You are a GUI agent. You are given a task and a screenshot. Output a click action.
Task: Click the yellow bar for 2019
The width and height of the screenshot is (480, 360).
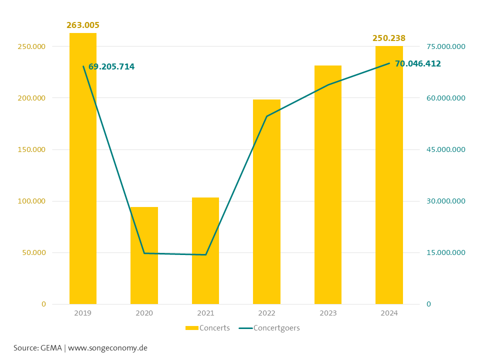click(83, 200)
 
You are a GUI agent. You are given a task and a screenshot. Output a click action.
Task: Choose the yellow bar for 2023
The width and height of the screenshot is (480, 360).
click(328, 200)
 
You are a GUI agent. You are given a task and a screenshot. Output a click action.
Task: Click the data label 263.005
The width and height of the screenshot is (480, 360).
click(83, 25)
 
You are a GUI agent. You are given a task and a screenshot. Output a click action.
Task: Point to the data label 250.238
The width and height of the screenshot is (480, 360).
click(389, 38)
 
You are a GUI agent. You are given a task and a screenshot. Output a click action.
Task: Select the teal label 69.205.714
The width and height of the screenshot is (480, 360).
click(111, 66)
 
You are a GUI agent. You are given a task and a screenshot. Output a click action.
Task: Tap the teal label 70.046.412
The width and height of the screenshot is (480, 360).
click(418, 63)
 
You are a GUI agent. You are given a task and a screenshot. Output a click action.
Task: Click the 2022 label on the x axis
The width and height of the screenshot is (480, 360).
click(266, 313)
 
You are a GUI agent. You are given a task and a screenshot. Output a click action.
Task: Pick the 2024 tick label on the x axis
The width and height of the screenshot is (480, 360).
click(389, 313)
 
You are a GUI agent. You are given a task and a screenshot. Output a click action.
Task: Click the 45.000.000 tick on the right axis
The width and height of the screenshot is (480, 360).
click(445, 149)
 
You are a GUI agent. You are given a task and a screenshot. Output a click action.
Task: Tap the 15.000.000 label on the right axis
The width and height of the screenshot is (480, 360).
click(445, 252)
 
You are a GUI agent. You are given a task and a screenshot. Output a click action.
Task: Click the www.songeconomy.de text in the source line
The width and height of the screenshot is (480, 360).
click(107, 347)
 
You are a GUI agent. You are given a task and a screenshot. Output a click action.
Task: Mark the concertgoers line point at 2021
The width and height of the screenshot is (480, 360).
click(205, 254)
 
